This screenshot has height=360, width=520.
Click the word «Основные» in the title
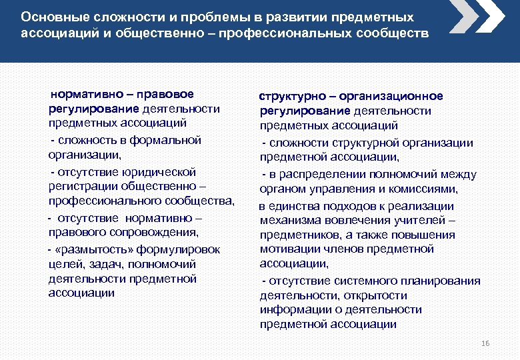49,16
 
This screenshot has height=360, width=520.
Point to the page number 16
485,343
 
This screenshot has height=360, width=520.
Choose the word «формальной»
171,140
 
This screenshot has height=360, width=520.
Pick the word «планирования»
441,281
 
